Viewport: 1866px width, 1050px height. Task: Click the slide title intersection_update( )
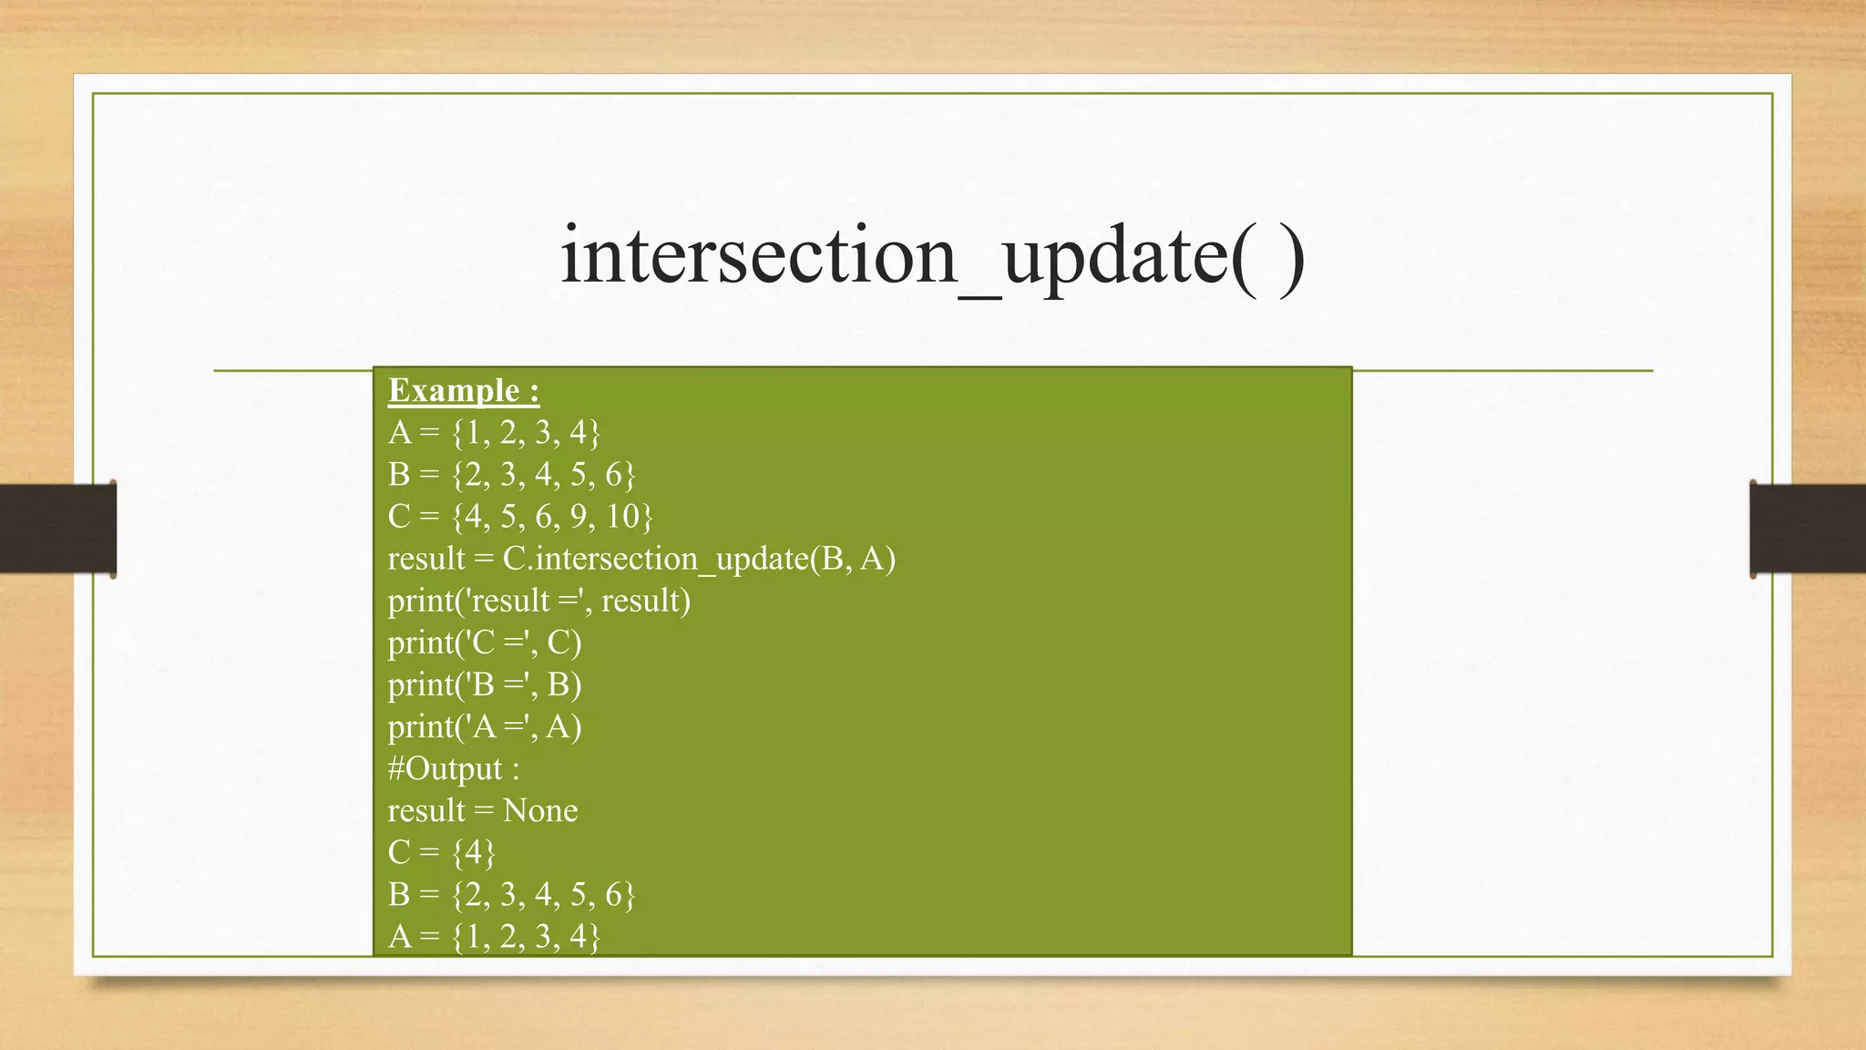(932, 256)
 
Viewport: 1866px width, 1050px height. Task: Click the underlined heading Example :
(464, 391)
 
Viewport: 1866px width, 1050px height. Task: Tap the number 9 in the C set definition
(579, 517)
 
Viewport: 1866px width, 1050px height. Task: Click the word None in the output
(540, 810)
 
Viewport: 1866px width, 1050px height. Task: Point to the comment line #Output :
(454, 768)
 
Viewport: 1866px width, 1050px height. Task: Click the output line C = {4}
(442, 852)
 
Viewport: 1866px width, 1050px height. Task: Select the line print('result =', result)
(539, 601)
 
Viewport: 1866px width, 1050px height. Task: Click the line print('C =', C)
(485, 643)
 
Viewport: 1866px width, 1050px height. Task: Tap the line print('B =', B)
(485, 685)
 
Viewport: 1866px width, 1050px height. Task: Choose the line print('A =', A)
(485, 726)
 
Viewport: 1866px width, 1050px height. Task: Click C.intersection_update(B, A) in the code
(699, 559)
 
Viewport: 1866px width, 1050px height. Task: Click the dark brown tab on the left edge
(57, 529)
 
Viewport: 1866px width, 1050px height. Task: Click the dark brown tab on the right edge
(1808, 529)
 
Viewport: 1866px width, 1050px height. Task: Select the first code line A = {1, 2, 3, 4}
(494, 432)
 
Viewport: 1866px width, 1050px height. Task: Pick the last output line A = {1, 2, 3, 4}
(494, 936)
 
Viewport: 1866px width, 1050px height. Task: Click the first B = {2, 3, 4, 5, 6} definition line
(511, 474)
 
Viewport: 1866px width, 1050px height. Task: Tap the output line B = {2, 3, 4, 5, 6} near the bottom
(511, 894)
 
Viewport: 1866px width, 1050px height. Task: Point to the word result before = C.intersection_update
(426, 559)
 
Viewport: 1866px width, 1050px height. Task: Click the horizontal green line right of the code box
(1503, 371)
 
